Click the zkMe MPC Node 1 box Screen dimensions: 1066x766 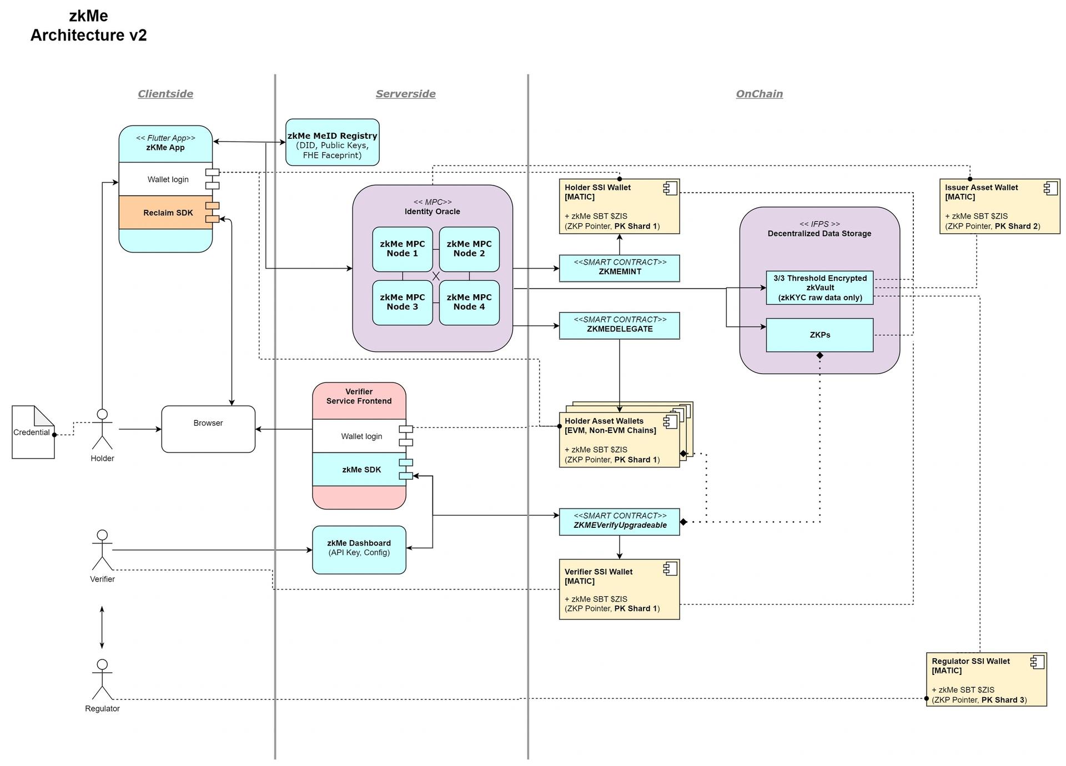pos(402,249)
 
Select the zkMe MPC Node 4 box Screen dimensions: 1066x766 pos(469,302)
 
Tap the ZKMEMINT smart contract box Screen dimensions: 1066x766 pos(619,268)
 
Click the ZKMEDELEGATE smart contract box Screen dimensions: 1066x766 pos(619,325)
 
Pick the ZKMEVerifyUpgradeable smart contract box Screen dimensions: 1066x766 pos(619,522)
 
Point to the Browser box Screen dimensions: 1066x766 pos(208,429)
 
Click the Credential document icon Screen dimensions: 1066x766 pos(33,432)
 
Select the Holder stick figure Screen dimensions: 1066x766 pos(102,429)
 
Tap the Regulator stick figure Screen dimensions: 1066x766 pos(102,679)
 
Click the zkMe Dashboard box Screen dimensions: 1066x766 pos(359,550)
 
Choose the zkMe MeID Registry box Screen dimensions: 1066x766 pos(332,142)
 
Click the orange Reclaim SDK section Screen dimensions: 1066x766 pos(165,212)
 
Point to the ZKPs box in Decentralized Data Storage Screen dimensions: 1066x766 pos(819,335)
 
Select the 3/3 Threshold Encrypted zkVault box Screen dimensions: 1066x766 pos(819,288)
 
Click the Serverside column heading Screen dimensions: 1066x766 pos(405,94)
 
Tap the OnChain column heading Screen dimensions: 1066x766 pos(759,94)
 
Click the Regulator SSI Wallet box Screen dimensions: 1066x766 pos(986,679)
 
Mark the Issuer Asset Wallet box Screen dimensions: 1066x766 pos(999,206)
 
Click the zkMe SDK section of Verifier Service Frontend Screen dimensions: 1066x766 pos(359,469)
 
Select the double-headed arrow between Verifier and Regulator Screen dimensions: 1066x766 pos(102,627)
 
